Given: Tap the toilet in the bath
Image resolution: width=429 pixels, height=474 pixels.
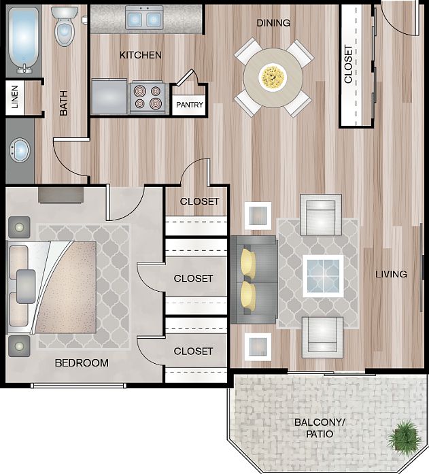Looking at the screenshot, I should coord(65,28).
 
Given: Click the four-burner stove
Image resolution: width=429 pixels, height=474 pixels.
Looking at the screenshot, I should coord(148,97).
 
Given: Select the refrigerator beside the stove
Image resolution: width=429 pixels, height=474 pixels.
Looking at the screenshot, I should coord(109,96).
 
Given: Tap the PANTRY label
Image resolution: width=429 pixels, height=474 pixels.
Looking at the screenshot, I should coord(190,105).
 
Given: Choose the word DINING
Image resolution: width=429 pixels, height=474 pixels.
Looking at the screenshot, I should coord(273,23).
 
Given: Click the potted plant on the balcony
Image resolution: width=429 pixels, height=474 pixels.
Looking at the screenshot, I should coord(405,435).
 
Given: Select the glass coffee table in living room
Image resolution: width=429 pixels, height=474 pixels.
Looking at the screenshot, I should coord(322,275).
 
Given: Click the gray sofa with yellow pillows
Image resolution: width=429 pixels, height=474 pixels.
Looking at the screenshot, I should coord(253,280).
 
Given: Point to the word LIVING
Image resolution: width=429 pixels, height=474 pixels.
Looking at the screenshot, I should coord(391,274).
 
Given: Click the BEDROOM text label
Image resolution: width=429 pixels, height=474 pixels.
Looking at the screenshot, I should coord(82,362).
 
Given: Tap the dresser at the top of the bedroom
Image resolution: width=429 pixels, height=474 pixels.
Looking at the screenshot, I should coord(61,195).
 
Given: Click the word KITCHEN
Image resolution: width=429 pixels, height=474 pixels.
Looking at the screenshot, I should coord(141,54).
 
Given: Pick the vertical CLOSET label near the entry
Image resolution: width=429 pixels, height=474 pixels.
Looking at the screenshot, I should coord(349,65).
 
